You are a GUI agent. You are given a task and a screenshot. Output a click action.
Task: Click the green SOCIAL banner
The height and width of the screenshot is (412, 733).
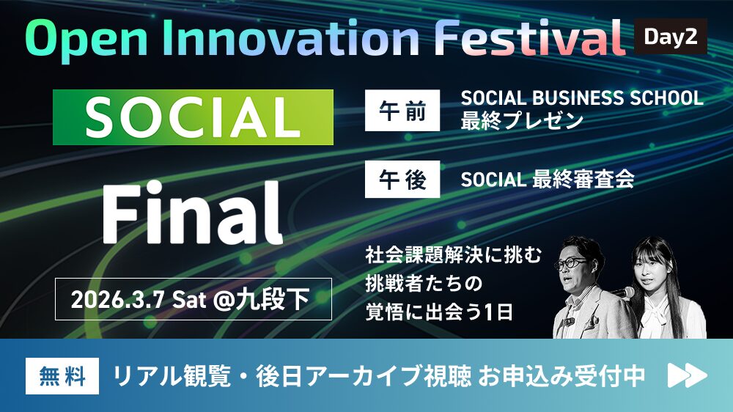193,117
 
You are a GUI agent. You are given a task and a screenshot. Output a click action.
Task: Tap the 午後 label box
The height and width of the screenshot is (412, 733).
402,179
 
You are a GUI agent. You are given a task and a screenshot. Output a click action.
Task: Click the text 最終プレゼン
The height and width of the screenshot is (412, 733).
522,121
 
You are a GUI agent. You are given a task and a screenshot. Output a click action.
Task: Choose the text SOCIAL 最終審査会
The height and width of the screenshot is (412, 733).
547,179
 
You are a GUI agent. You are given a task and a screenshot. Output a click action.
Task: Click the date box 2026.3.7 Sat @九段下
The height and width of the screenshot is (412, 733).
193,299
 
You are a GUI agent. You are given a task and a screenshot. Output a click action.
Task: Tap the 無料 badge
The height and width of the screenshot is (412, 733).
62,376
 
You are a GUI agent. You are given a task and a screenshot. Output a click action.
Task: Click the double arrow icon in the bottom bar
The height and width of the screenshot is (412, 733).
687,376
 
